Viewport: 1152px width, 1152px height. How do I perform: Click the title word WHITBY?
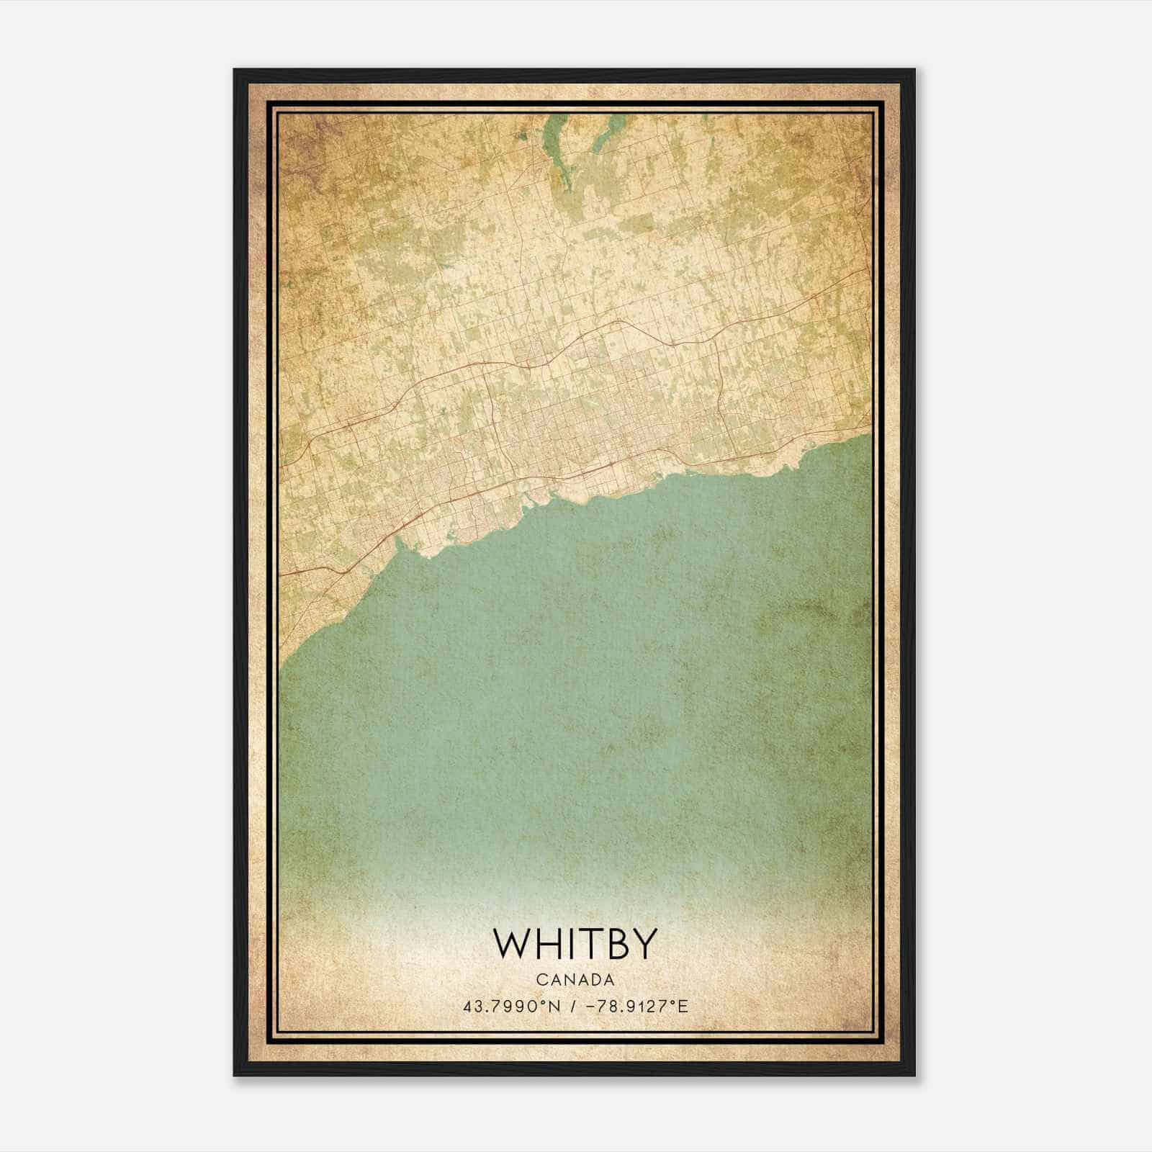pyautogui.click(x=575, y=943)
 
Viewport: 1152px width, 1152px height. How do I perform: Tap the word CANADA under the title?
pyautogui.click(x=575, y=980)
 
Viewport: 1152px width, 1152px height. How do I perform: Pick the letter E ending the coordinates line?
pyautogui.click(x=684, y=1007)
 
